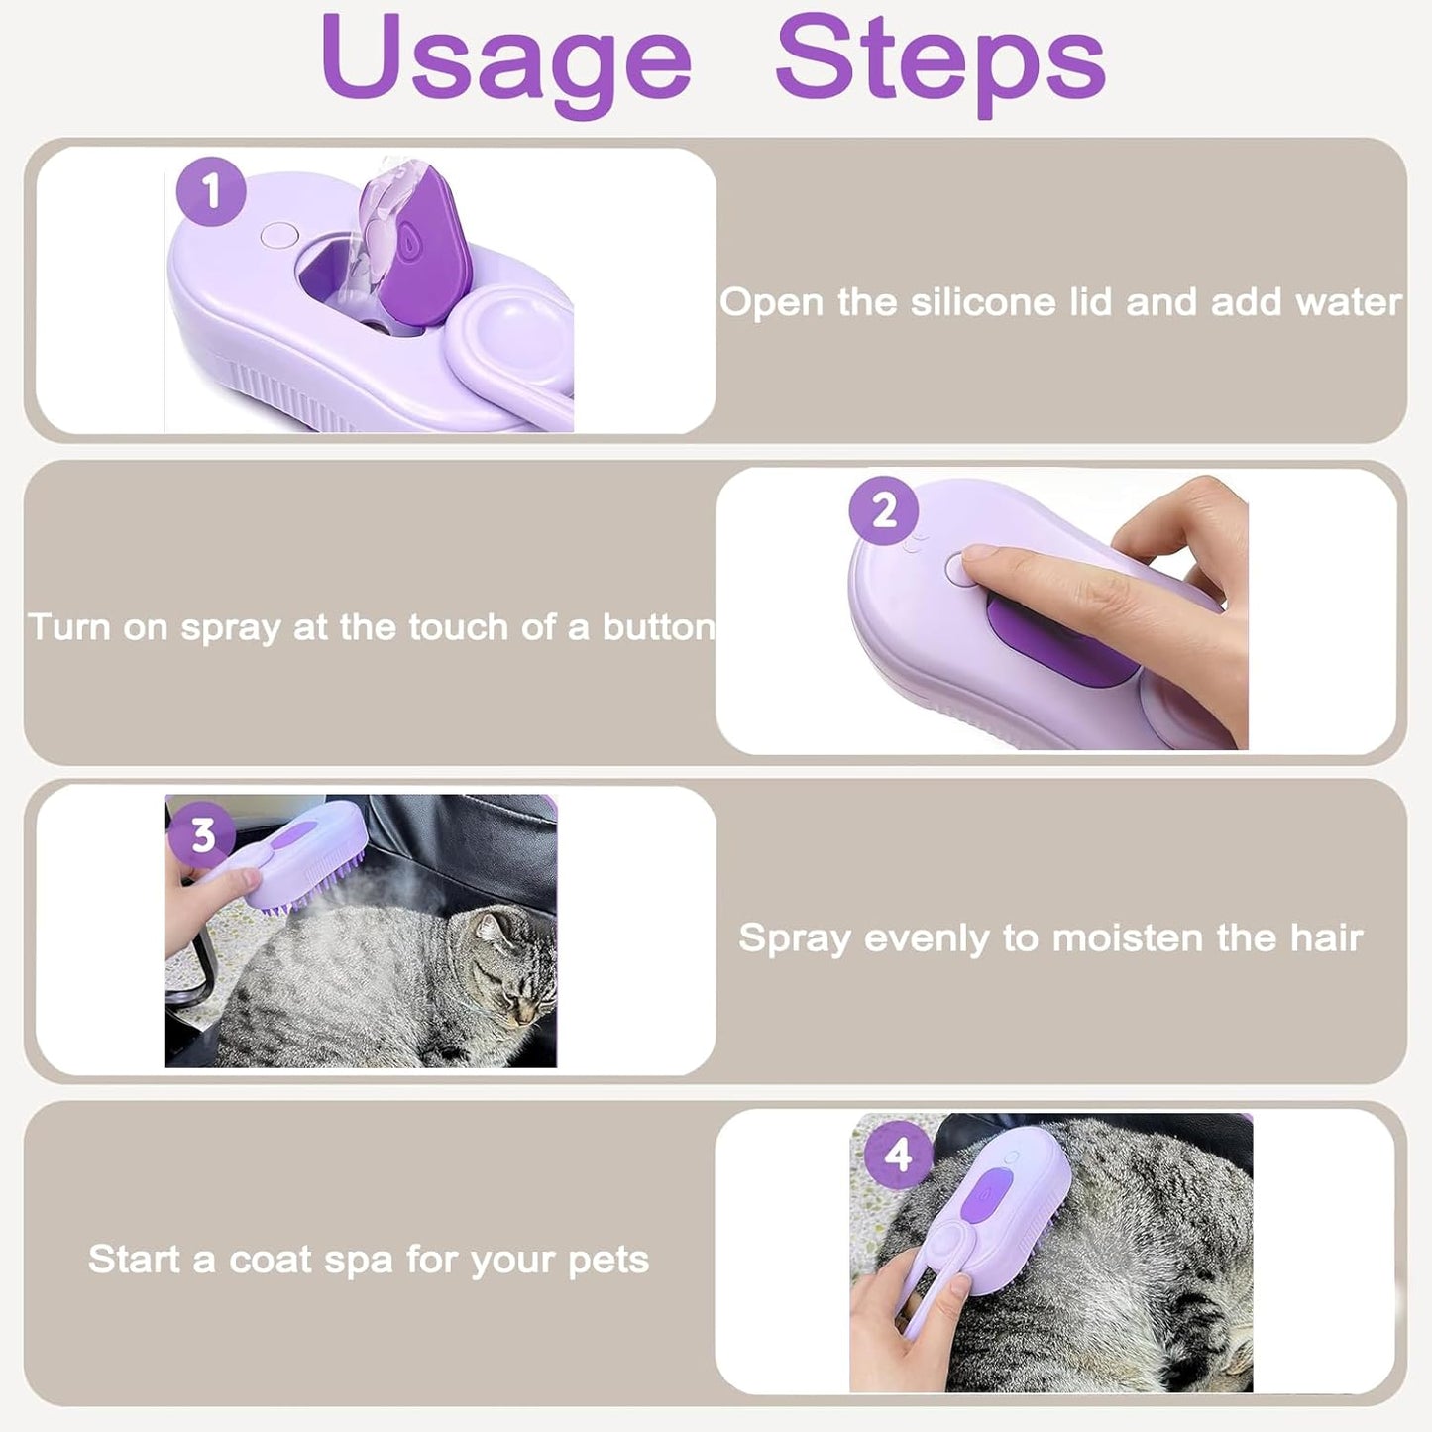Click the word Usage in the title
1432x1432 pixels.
click(505, 61)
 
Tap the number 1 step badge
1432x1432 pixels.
click(211, 190)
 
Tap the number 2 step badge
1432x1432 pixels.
click(884, 510)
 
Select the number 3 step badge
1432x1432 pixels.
click(203, 835)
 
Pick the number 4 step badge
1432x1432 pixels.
click(898, 1155)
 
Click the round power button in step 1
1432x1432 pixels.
click(278, 236)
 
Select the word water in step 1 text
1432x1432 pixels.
click(1353, 302)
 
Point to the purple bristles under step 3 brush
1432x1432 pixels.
click(317, 893)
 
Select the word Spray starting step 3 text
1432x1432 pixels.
click(795, 937)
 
